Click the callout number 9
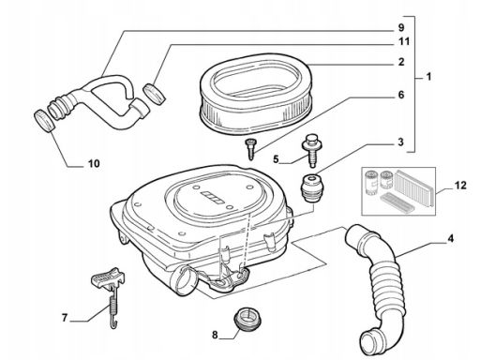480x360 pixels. point(401,27)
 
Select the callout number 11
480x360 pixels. point(404,41)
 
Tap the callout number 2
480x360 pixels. point(401,62)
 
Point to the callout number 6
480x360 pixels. point(401,95)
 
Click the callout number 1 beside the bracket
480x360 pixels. point(428,76)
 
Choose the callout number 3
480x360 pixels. point(401,142)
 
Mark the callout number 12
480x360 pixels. point(460,185)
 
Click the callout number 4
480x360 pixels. point(450,239)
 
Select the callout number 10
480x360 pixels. point(94,163)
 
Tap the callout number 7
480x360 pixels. point(65,318)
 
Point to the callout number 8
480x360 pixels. point(215,335)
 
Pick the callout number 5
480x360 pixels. point(276,159)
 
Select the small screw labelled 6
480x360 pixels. point(249,149)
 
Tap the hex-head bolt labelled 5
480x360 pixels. point(311,150)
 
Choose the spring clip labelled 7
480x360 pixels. point(110,294)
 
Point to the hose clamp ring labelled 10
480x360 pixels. point(45,121)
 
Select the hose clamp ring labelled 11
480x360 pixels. point(154,94)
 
